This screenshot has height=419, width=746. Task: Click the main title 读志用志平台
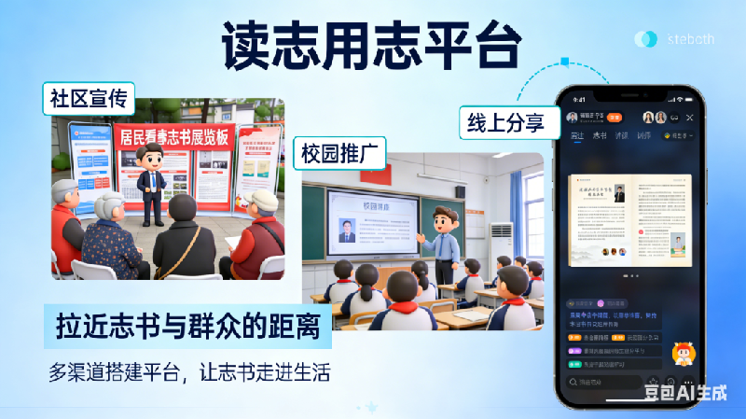pos(370,44)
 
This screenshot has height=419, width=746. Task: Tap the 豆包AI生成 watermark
pos(685,392)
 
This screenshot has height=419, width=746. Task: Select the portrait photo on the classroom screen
pos(347,230)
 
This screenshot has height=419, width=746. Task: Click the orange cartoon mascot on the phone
pos(682,355)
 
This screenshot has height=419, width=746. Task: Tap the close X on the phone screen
pos(690,118)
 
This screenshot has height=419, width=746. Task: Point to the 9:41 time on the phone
pos(580,99)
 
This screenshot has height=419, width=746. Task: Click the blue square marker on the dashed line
pos(565,63)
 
